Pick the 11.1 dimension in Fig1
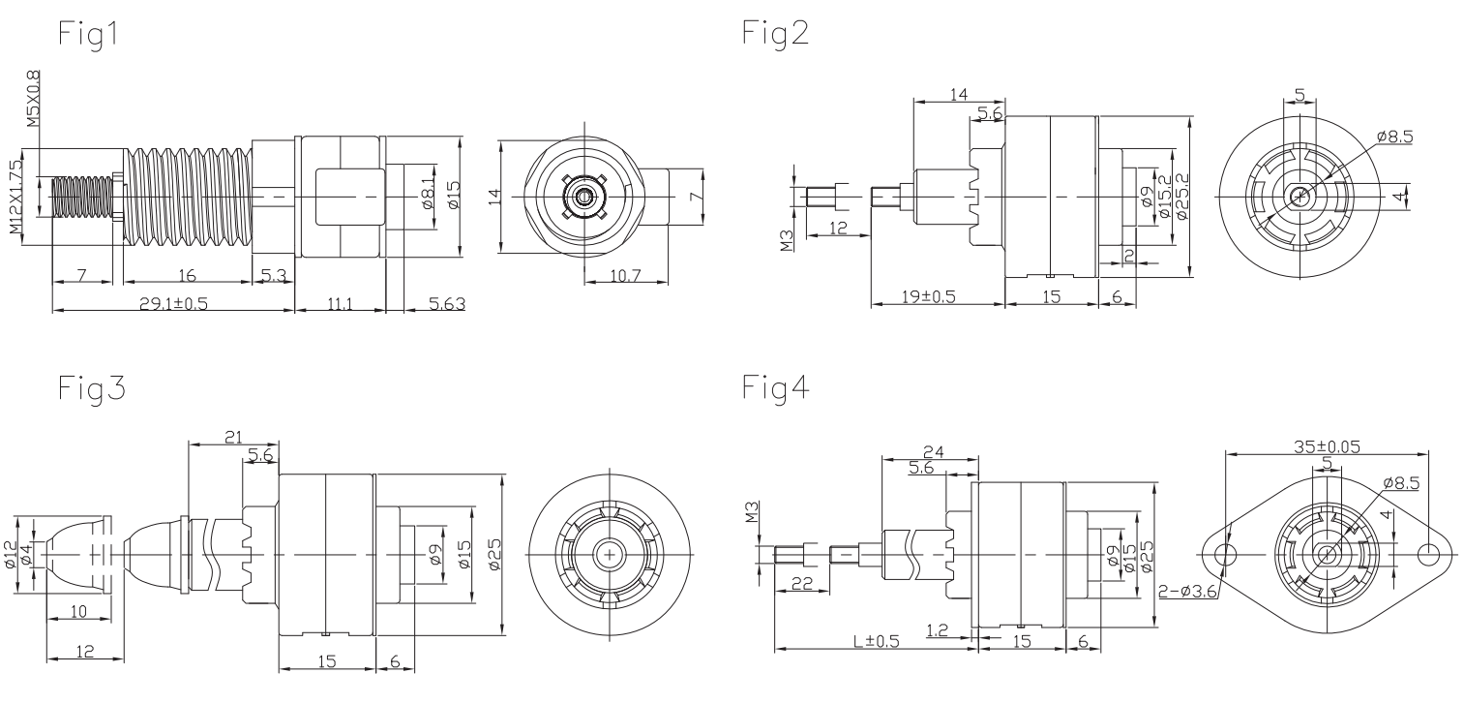pyautogui.click(x=340, y=304)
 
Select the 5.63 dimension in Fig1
pyautogui.click(x=446, y=304)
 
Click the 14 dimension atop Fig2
pyautogui.click(x=959, y=94)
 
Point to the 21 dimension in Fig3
pyautogui.click(x=231, y=438)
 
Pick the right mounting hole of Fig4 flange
pyautogui.click(x=1429, y=553)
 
